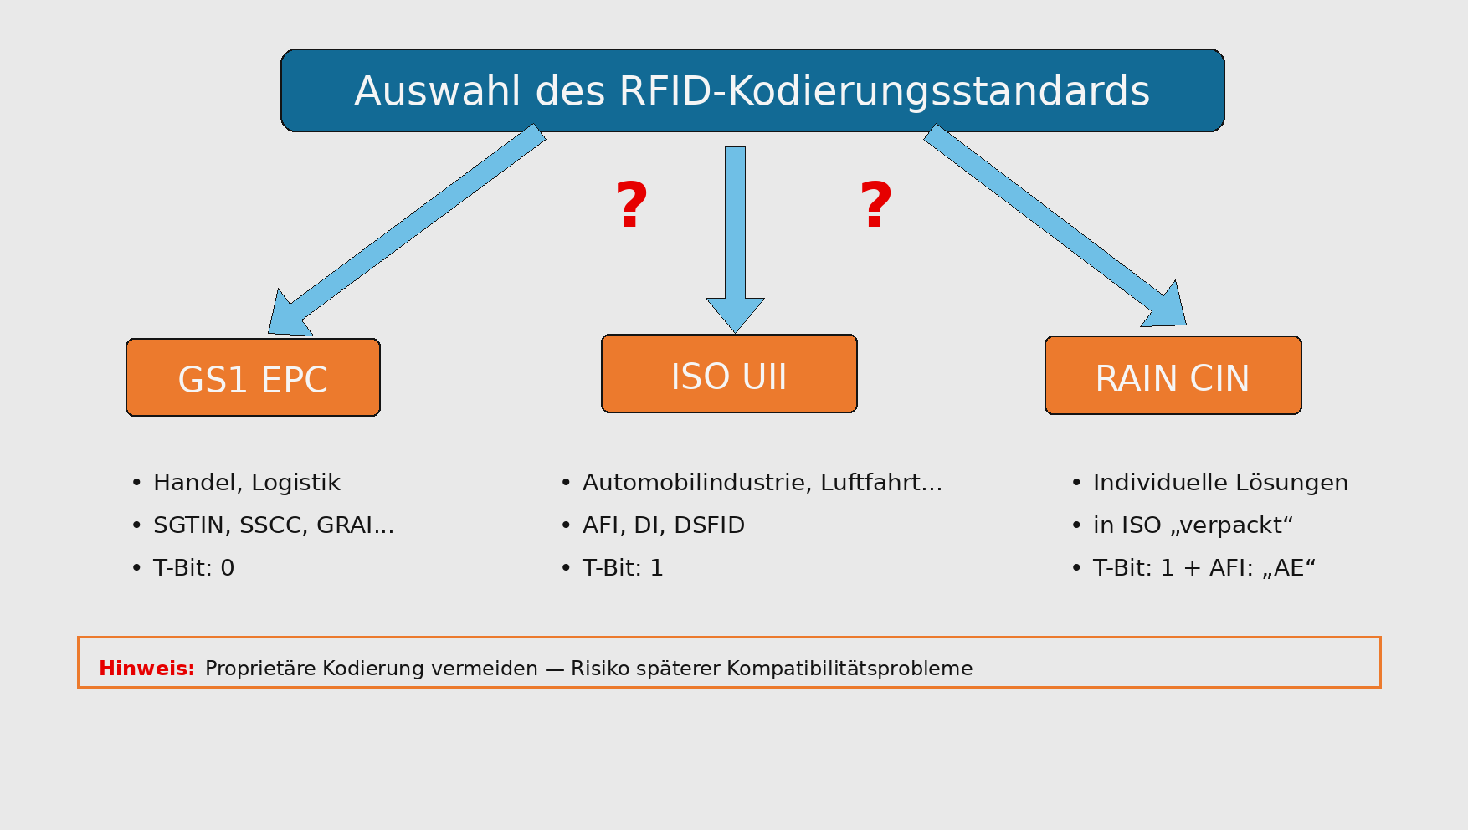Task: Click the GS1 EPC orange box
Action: [253, 377]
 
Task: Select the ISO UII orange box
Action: [729, 374]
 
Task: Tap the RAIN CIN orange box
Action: [1173, 376]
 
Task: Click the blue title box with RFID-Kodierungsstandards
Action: [752, 90]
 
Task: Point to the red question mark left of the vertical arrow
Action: [632, 205]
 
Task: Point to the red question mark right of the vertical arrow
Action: [876, 205]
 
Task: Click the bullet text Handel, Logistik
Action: [246, 483]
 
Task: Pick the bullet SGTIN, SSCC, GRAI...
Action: [273, 525]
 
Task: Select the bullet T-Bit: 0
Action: [193, 568]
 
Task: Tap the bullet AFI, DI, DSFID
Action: [663, 525]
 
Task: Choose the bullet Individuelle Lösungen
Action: [1220, 483]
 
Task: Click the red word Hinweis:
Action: [146, 669]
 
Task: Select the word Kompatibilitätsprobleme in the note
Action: [849, 669]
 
